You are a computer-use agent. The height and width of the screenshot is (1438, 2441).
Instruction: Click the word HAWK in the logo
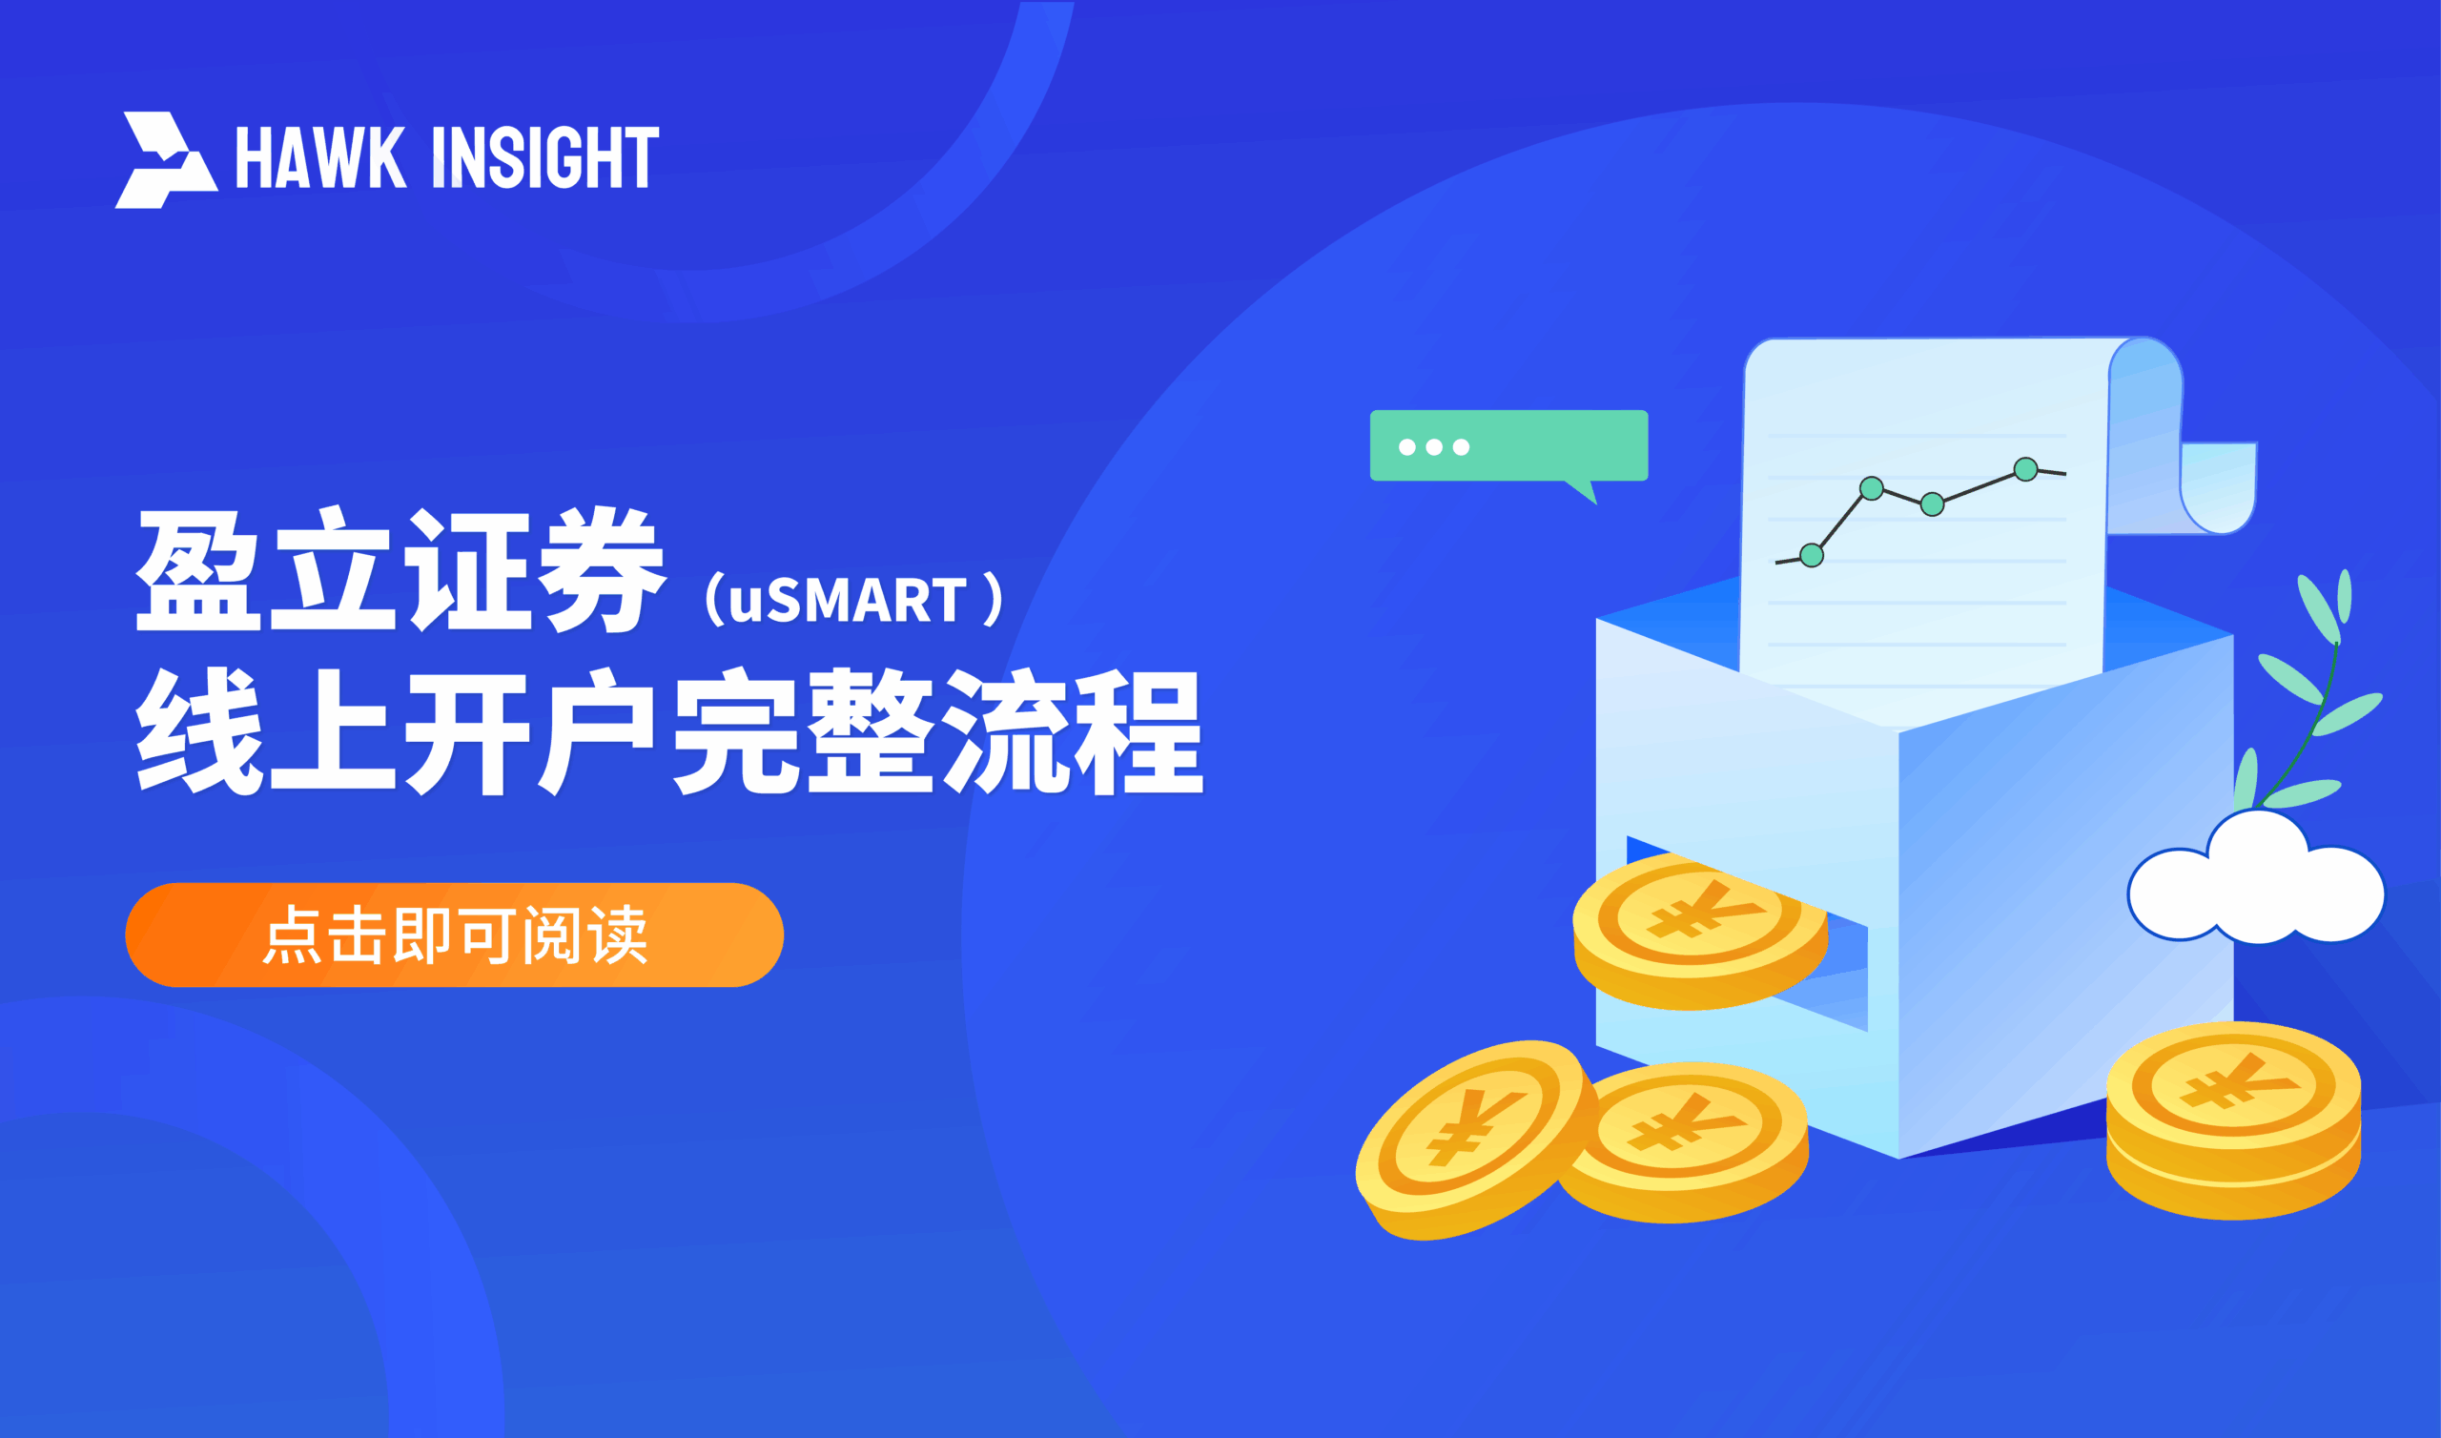click(x=320, y=157)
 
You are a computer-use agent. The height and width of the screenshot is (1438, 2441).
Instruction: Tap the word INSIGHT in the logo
click(x=545, y=157)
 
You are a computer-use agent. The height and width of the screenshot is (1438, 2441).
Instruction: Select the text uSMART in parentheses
click(x=847, y=601)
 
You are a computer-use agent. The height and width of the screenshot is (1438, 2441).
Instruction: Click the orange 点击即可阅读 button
click(x=453, y=935)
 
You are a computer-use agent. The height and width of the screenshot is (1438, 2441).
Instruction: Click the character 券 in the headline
click(x=603, y=571)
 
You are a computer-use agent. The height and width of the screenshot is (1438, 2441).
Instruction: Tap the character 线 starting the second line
click(x=198, y=731)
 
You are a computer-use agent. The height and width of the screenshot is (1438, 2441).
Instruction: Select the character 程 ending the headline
click(x=1140, y=731)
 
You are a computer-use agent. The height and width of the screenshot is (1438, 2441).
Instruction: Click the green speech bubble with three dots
click(x=1508, y=445)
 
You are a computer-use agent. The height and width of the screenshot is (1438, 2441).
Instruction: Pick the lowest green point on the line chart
click(x=1812, y=555)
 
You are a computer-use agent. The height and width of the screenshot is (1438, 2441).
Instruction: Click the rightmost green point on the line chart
click(x=2025, y=469)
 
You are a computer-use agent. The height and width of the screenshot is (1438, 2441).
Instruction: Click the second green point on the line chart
click(x=1872, y=488)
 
